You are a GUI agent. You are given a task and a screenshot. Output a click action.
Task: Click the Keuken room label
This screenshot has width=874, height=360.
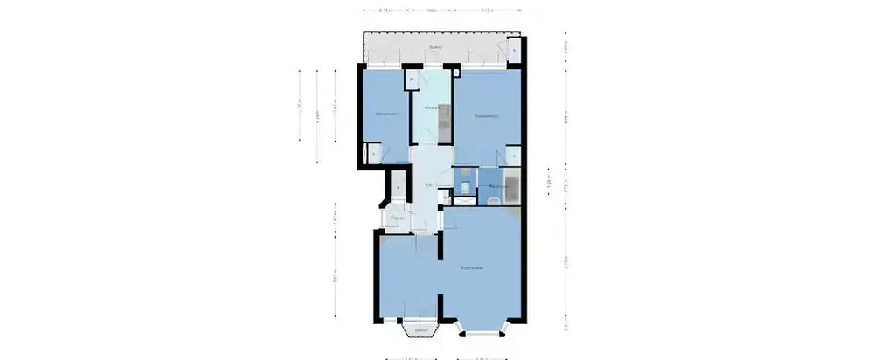tap(430, 107)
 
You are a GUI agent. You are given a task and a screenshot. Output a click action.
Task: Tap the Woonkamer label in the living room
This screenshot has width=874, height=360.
tap(473, 267)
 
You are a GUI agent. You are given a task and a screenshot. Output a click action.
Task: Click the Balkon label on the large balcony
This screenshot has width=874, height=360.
tap(436, 47)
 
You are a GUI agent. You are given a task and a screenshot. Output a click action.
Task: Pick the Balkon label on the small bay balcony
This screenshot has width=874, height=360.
tap(420, 329)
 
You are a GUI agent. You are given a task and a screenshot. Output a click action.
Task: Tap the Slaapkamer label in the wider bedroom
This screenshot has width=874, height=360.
tap(487, 115)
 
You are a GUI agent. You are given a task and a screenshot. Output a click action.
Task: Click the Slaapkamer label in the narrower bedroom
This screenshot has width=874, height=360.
tap(387, 114)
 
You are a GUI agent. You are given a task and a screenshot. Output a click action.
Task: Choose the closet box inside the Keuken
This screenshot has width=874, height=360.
tap(411, 80)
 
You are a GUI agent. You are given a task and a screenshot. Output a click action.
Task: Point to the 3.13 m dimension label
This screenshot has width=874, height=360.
tap(488, 11)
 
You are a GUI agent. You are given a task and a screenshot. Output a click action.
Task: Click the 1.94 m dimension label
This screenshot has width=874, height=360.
tap(430, 11)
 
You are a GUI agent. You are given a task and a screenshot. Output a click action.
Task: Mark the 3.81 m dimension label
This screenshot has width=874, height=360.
tap(336, 278)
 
